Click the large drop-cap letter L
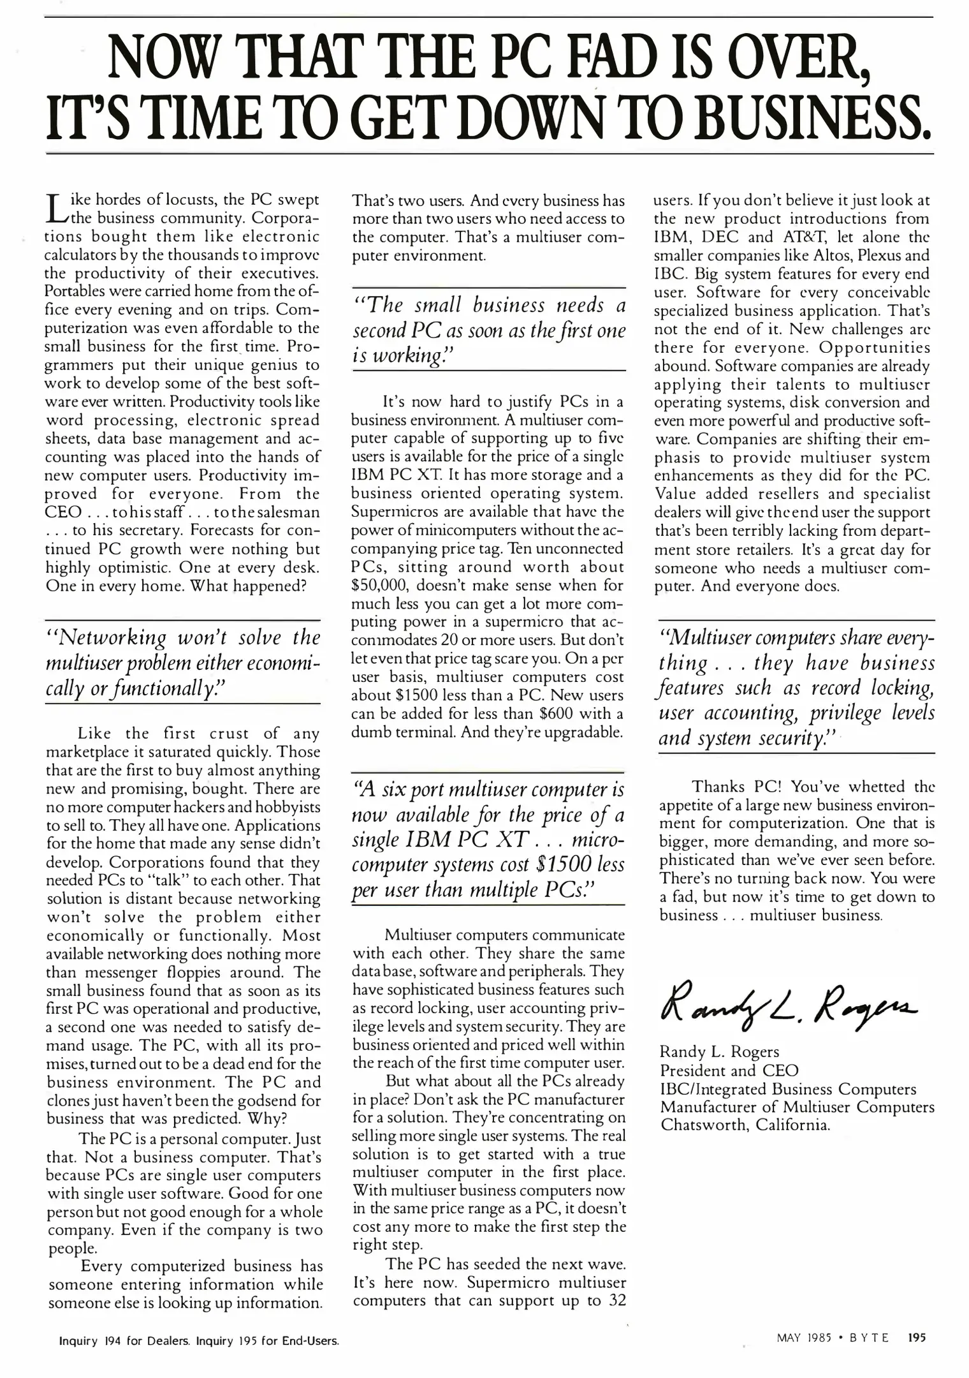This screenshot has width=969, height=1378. [56, 209]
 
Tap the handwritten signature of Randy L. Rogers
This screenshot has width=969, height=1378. [788, 1005]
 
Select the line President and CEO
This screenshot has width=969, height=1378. [729, 1070]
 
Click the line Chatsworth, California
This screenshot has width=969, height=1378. [745, 1124]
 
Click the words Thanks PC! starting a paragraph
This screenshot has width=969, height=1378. [734, 786]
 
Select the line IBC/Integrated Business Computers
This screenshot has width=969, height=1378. [788, 1088]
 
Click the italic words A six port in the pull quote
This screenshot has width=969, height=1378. [398, 790]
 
